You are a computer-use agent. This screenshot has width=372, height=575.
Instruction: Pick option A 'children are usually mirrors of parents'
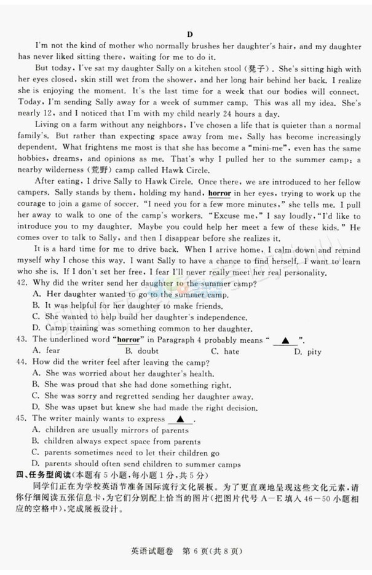point(110,431)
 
